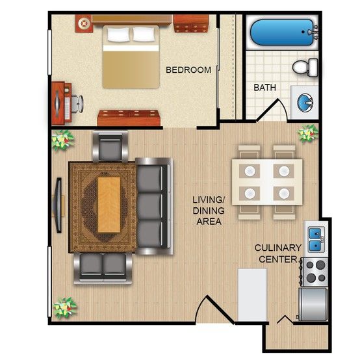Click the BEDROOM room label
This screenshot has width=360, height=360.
(188, 70)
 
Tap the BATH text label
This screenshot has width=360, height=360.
(264, 87)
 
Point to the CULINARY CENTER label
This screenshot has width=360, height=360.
(278, 253)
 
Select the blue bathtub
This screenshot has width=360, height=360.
(282, 32)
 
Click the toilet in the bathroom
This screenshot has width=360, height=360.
(305, 68)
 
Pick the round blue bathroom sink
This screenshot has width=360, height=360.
(305, 103)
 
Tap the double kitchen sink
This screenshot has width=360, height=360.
(316, 239)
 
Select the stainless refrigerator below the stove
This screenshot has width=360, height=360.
(313, 304)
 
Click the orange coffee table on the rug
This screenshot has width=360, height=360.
(109, 205)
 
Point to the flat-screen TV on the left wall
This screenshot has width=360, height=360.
(58, 205)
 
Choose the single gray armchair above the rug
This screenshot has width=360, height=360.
(110, 147)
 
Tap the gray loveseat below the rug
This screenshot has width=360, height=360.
(103, 268)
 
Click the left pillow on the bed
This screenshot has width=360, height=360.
(118, 34)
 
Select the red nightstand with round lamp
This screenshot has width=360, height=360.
(84, 23)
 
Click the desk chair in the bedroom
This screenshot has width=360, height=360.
(77, 104)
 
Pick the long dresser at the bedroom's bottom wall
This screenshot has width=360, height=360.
(128, 118)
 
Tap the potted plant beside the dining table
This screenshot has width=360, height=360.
(307, 133)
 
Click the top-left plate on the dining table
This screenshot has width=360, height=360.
(250, 171)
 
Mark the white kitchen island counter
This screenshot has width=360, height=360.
(252, 294)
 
